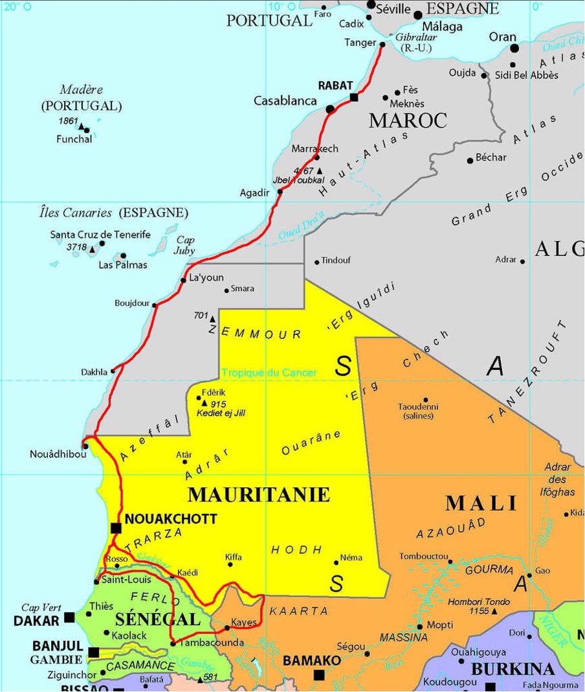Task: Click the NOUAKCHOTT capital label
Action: pos(170,519)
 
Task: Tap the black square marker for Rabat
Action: pos(353,97)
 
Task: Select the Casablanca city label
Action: pos(285,101)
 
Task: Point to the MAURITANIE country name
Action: pos(259,495)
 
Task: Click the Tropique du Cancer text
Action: pos(269,373)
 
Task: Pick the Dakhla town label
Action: pos(94,373)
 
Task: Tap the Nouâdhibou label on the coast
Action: pos(58,454)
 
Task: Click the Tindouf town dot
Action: pos(316,262)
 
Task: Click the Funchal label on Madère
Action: pos(74,139)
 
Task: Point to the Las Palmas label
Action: pos(122,265)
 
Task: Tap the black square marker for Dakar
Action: pos(69,617)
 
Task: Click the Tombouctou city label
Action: pos(424,557)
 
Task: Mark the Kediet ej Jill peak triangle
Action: pos(204,403)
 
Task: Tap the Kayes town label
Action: pos(244,623)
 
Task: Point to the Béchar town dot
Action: pos(470,160)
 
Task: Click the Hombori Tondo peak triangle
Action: pos(494,611)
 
